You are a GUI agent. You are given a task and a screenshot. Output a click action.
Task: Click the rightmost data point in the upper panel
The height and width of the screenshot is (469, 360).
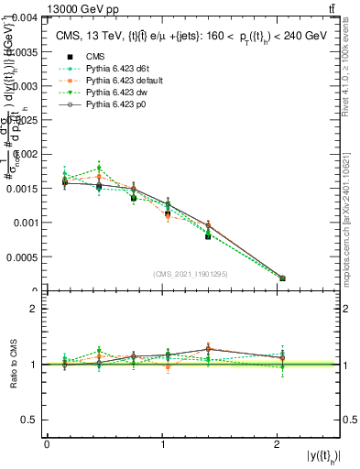click(x=282, y=278)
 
